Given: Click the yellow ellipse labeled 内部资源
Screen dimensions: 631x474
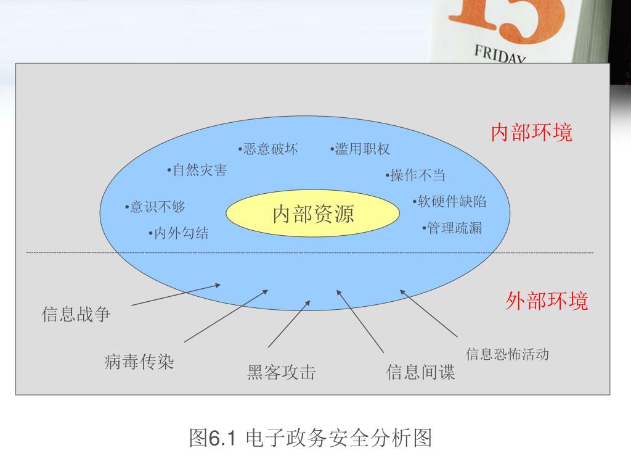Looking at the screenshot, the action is click(313, 214).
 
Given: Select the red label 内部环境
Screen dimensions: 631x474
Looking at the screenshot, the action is click(531, 133).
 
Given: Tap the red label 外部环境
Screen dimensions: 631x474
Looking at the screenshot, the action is click(547, 301).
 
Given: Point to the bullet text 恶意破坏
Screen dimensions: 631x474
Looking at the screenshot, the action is click(269, 149).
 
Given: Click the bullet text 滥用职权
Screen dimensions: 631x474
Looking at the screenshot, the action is click(360, 149).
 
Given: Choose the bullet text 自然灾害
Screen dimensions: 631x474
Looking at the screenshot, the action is click(198, 170).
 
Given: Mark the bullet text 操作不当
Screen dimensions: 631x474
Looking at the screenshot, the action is click(416, 175).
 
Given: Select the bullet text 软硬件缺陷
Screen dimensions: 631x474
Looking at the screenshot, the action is click(450, 201).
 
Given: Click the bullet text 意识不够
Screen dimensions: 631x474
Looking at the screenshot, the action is click(155, 207).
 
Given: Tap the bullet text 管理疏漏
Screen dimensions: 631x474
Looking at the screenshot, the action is click(453, 228).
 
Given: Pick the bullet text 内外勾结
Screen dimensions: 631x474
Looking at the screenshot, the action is click(179, 233).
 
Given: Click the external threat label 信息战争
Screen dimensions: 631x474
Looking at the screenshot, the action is click(76, 315).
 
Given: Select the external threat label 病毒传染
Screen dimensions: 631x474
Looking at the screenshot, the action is click(139, 361).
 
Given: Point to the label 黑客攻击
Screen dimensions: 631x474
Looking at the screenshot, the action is click(282, 372).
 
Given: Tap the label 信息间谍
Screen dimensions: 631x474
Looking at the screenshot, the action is click(420, 372).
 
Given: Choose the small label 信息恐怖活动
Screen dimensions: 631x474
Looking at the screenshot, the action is click(507, 354).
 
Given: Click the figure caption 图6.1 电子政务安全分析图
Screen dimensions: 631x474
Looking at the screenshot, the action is click(310, 438).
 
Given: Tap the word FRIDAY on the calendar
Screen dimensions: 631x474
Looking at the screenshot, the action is click(500, 54).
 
